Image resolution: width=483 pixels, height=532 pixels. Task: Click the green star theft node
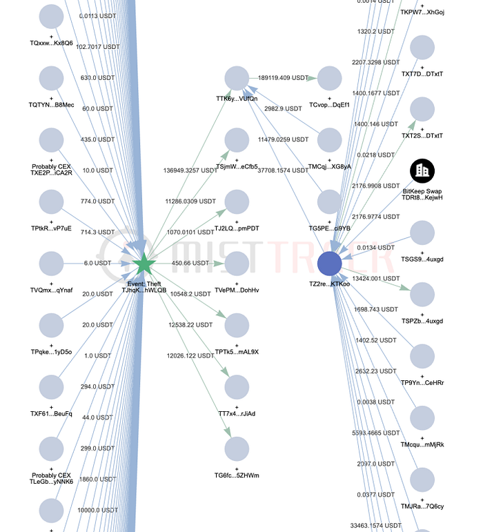144,264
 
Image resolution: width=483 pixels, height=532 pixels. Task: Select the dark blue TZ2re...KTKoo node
330,264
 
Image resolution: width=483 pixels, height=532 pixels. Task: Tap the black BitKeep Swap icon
422,172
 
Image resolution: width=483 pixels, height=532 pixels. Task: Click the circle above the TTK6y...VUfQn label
237,79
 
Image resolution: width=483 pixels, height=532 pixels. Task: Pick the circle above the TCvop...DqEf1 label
330,79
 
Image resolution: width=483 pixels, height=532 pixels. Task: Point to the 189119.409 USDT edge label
283,79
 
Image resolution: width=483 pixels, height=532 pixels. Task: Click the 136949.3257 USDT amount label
191,170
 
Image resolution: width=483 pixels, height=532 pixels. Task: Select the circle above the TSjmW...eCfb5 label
237,140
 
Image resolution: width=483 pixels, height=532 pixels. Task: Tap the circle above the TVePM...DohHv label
237,264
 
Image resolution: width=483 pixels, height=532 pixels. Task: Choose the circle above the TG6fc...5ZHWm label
237,449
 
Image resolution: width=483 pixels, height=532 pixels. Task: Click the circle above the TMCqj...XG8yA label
330,140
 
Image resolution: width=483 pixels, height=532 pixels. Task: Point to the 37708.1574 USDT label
302,170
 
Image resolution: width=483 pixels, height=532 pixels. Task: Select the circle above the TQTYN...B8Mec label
51,79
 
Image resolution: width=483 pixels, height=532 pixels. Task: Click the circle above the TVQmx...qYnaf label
51,264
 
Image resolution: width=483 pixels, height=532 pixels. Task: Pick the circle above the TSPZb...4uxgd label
422,295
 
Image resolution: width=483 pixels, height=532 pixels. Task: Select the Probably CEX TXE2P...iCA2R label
52,170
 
